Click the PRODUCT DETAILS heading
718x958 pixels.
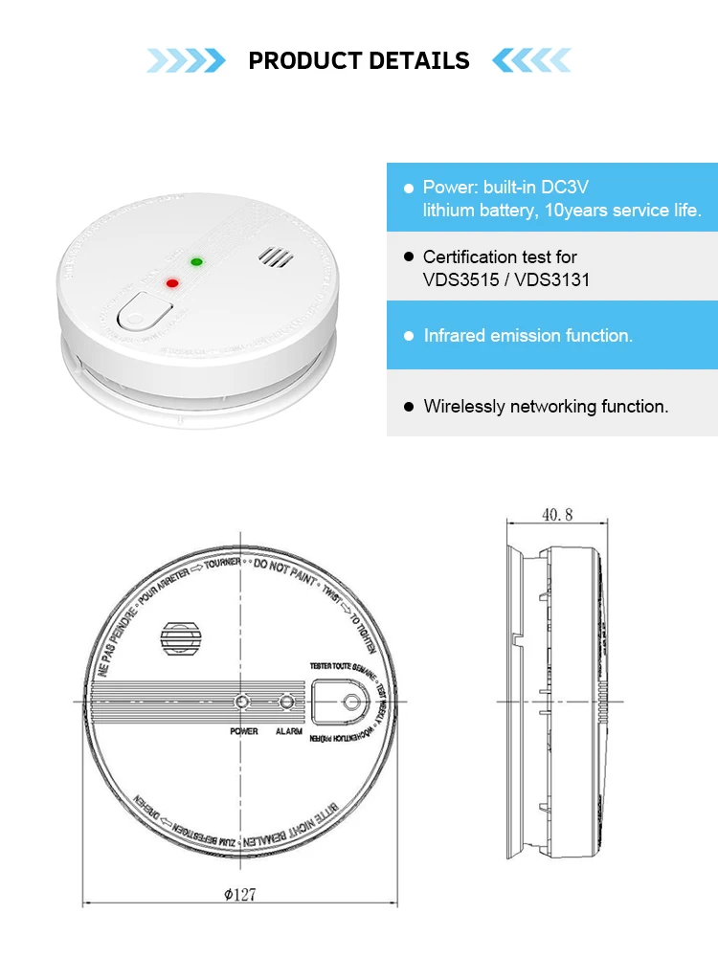tap(359, 61)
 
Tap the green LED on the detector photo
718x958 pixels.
tap(197, 260)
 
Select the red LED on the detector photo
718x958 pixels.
tap(173, 282)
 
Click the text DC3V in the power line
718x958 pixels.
tap(595, 188)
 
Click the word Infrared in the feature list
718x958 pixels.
tap(454, 336)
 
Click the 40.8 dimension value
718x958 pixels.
tap(557, 515)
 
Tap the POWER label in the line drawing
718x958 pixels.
tap(244, 731)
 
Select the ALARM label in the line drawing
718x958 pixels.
tap(288, 731)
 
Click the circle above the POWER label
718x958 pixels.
tap(243, 702)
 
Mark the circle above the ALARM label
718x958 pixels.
tap(287, 702)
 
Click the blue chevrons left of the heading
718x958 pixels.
tap(187, 61)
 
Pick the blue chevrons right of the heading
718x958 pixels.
tap(531, 61)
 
